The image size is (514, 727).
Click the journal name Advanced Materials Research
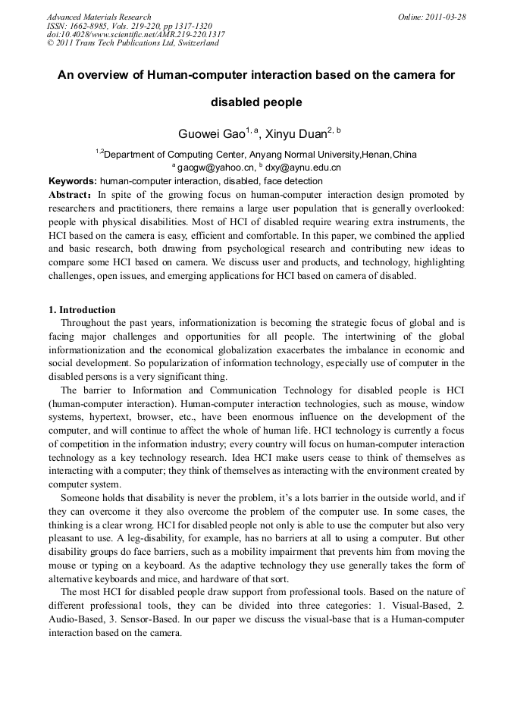pyautogui.click(x=99, y=17)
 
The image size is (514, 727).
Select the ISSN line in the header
pyautogui.click(x=129, y=25)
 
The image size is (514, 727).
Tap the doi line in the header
pyautogui.click(x=136, y=34)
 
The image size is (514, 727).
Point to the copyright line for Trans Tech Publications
pyautogui.click(x=133, y=43)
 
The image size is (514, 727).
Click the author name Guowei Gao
pyautogui.click(x=212, y=134)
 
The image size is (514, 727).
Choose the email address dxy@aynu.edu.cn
pyautogui.click(x=302, y=168)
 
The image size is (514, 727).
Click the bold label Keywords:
pyautogui.click(x=73, y=181)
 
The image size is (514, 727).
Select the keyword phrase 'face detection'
pyautogui.click(x=294, y=181)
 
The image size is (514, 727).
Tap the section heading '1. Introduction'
pyautogui.click(x=82, y=310)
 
